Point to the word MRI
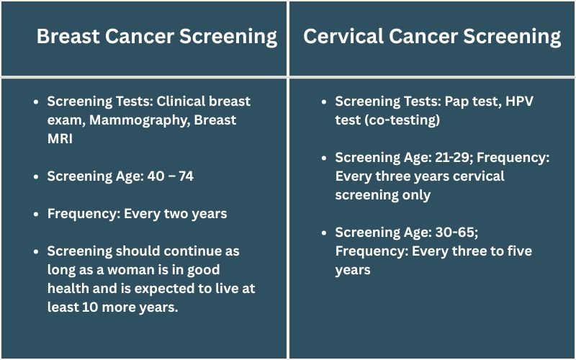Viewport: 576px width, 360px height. [x=60, y=139]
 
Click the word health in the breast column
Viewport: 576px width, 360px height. [x=68, y=289]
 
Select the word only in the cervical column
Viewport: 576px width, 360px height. [x=415, y=195]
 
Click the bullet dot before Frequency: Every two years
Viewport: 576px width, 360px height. [x=36, y=214]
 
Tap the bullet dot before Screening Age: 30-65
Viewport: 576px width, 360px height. [x=324, y=233]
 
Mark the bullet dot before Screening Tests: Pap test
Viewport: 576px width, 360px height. [x=324, y=102]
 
